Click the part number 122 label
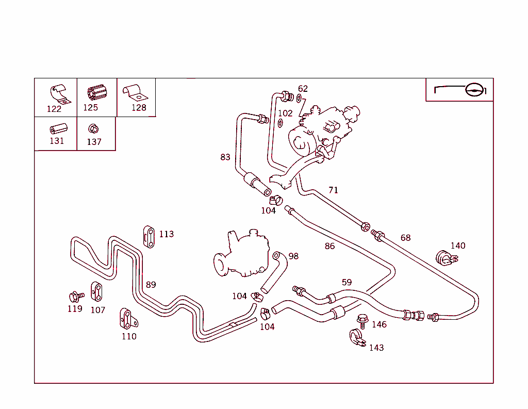(x=54, y=109)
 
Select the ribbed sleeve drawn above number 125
(x=96, y=93)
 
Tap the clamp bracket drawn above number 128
(x=135, y=92)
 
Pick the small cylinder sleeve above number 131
(x=56, y=128)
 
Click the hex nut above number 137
(x=93, y=128)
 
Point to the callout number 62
(x=303, y=89)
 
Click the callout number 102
(x=285, y=113)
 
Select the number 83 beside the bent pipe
(x=225, y=157)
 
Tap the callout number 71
(x=334, y=190)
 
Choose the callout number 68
(x=406, y=238)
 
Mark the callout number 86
(x=329, y=246)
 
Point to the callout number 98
(x=293, y=256)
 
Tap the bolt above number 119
(x=75, y=297)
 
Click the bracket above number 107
(x=96, y=291)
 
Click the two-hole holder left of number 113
(x=148, y=236)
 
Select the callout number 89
(x=151, y=285)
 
